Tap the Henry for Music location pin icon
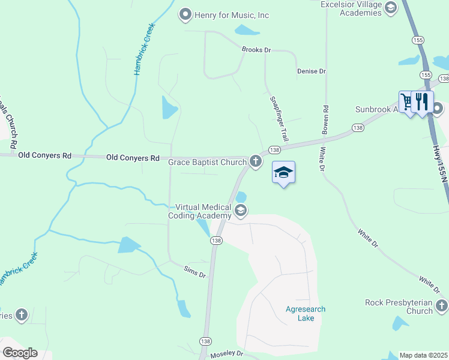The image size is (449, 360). point(185,14)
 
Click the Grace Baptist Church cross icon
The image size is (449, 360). point(256,161)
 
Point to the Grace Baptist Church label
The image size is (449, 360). point(207,162)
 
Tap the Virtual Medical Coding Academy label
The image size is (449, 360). point(203,211)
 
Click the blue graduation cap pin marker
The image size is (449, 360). point(284,173)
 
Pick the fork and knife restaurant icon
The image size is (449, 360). point(423,101)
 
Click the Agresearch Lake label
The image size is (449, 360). point(306,314)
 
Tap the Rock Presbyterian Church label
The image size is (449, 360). point(399,307)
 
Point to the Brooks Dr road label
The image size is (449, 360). point(252,50)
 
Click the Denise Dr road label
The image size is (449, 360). point(311,71)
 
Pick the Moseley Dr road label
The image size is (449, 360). point(227,355)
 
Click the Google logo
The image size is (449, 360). point(20,353)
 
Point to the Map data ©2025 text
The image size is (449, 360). point(423,355)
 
